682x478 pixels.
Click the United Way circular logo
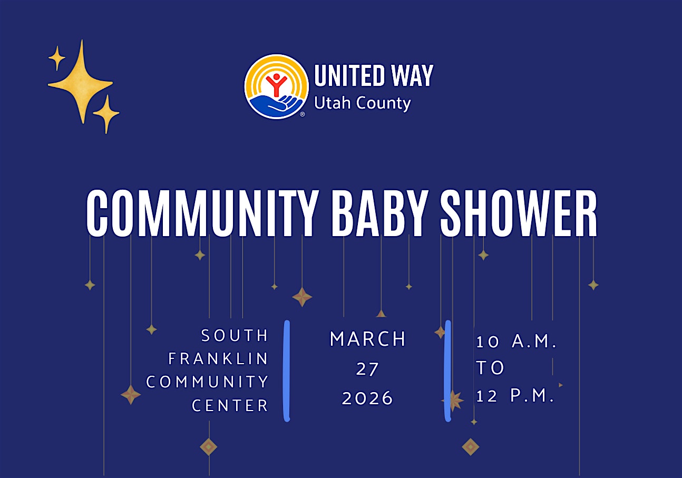click(277, 86)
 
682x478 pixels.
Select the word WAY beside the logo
click(412, 75)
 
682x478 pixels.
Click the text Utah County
click(362, 103)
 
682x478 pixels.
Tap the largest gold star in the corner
click(81, 82)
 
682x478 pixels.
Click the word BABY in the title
click(377, 213)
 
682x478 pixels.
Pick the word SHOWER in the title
click(519, 213)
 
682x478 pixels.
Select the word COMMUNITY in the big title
click(202, 213)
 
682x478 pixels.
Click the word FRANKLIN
click(218, 359)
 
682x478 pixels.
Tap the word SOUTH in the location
click(235, 336)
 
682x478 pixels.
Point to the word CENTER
click(230, 406)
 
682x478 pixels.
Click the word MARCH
click(368, 339)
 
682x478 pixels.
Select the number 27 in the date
click(367, 369)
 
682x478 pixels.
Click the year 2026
click(367, 398)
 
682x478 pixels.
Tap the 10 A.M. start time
click(517, 342)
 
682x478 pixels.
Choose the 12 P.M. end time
click(515, 396)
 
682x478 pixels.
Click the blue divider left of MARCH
click(287, 371)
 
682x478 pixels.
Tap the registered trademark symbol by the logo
click(303, 114)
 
